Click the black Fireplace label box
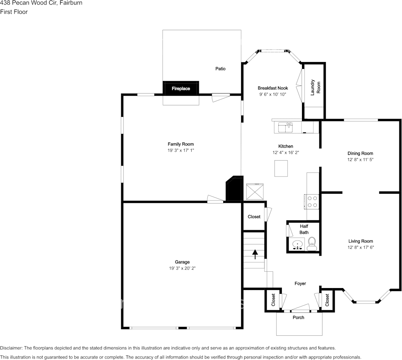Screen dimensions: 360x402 (x=181, y=88)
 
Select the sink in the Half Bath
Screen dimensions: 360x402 (x=297, y=244)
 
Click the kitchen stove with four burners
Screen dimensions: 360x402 (x=312, y=201)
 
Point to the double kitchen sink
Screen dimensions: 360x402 (x=285, y=127)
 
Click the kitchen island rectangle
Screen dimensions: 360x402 (x=281, y=168)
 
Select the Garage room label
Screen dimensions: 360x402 (x=182, y=262)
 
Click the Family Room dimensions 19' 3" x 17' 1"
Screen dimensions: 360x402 (x=181, y=151)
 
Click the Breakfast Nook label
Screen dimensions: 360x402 (x=273, y=88)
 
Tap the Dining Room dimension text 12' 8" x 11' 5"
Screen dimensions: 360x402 (x=360, y=160)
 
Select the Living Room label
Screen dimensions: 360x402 (x=361, y=241)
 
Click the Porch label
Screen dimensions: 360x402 (x=298, y=317)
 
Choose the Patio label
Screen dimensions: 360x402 (x=220, y=68)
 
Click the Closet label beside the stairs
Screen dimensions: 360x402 (x=254, y=217)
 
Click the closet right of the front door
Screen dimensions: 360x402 (x=327, y=300)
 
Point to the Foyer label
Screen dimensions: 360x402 (x=300, y=283)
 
